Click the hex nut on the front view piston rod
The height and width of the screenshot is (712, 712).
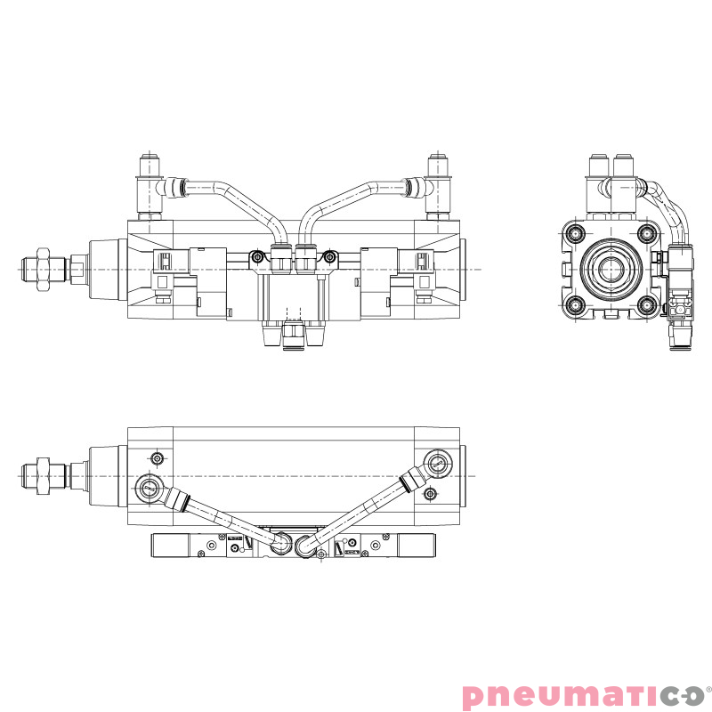41,269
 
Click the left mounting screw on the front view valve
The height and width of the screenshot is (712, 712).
257,258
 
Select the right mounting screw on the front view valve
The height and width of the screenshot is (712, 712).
330,258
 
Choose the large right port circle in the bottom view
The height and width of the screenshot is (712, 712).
437,463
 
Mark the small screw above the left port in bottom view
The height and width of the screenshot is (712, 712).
158,458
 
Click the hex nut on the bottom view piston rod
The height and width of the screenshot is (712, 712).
41,475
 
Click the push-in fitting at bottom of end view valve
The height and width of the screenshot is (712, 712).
680,339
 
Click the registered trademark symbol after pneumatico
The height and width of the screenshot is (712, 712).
707,686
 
